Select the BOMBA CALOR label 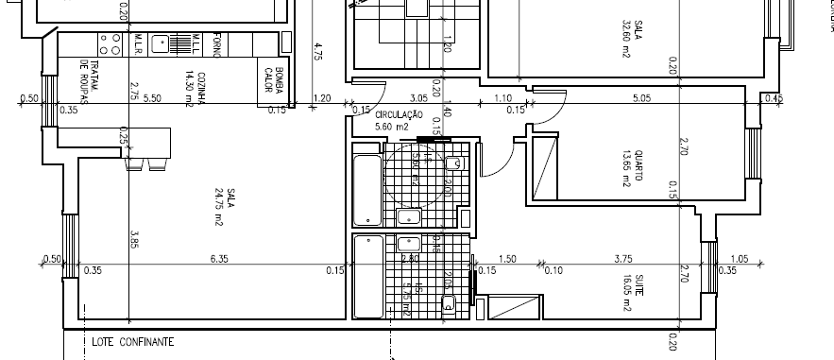pyautogui.click(x=274, y=81)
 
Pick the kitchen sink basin pyautogui.click(x=162, y=42)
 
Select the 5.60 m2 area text pyautogui.click(x=391, y=126)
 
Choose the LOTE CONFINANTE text pyautogui.click(x=133, y=342)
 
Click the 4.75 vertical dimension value pyautogui.click(x=318, y=51)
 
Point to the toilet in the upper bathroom pyautogui.click(x=454, y=163)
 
